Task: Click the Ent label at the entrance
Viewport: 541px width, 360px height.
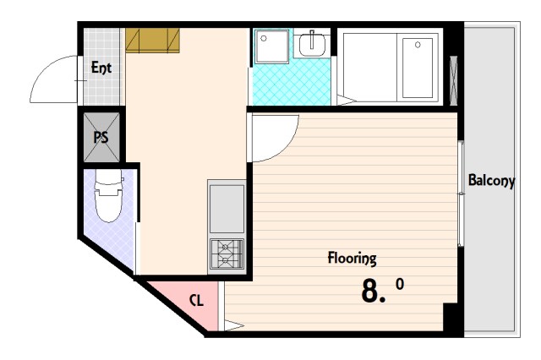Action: tap(101, 68)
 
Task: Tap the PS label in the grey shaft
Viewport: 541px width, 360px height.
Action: tap(101, 137)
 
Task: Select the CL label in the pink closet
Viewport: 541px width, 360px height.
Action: tap(196, 301)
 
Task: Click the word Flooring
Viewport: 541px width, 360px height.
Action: tap(352, 259)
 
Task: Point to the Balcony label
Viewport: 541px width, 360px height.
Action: tap(491, 180)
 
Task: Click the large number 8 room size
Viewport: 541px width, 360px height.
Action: tap(370, 291)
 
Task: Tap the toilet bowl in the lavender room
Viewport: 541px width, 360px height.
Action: tap(109, 197)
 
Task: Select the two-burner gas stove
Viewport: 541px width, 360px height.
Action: tap(227, 254)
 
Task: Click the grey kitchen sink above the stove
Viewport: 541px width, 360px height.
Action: tap(227, 209)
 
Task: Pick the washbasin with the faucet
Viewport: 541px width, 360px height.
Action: tap(312, 44)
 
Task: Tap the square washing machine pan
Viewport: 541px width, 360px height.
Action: tap(271, 46)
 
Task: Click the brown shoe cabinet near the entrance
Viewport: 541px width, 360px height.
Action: tap(152, 41)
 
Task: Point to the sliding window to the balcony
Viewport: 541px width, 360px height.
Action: tap(461, 194)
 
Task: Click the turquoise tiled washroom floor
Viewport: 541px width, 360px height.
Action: tap(292, 83)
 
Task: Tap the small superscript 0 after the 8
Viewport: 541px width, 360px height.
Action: tap(400, 284)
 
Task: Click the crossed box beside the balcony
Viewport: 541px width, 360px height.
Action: tap(454, 80)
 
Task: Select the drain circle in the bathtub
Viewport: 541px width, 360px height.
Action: tap(418, 45)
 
